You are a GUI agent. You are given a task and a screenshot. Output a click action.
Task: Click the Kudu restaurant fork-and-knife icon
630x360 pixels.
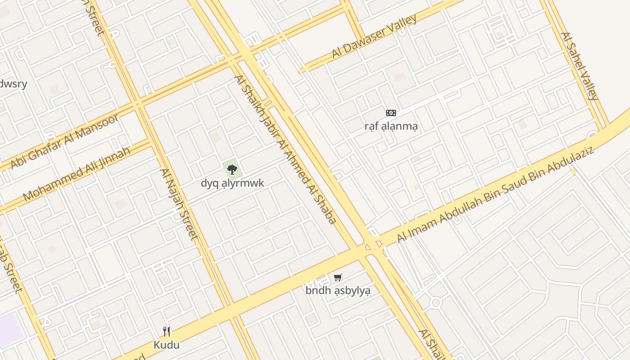tap(166, 332)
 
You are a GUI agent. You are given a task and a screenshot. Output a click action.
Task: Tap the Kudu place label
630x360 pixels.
tap(166, 345)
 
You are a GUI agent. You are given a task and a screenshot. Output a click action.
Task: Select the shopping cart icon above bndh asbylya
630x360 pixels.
tap(338, 277)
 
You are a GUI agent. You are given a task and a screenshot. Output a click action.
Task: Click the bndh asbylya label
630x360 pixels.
tap(338, 291)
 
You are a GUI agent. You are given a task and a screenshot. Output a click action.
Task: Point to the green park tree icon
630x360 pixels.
tap(232, 169)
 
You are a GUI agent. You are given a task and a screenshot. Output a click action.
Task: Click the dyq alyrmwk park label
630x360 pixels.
tap(232, 183)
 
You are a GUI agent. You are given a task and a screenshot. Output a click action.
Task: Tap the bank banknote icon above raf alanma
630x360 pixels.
tap(391, 112)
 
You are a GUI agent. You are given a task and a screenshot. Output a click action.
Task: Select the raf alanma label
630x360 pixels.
tap(391, 126)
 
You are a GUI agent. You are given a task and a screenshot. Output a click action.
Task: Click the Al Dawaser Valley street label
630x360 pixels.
tap(374, 36)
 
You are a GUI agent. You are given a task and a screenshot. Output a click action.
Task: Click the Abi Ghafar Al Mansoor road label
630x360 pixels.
tap(64, 141)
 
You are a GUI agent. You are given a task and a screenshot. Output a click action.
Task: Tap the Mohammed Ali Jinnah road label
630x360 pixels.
tap(76, 174)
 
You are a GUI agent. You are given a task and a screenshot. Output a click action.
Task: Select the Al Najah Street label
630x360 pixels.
tap(179, 204)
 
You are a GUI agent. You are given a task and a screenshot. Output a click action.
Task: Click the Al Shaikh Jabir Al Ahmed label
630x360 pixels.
tap(285, 149)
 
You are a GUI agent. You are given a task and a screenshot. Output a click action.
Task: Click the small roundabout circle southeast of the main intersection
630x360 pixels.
tap(435, 303)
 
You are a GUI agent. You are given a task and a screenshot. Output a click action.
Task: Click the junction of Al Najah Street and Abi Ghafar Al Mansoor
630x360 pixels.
tap(138, 106)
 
